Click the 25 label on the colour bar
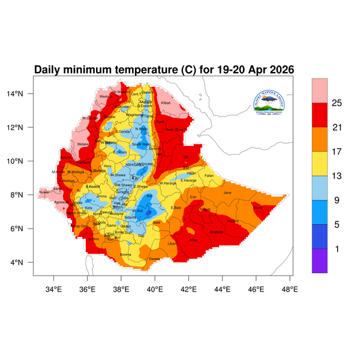337,103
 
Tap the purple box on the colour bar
319,261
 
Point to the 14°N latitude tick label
23,94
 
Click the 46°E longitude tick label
256,289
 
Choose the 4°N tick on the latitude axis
24,262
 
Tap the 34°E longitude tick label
54,289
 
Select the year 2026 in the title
280,70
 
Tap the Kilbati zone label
166,103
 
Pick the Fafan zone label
209,175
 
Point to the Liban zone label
172,244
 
